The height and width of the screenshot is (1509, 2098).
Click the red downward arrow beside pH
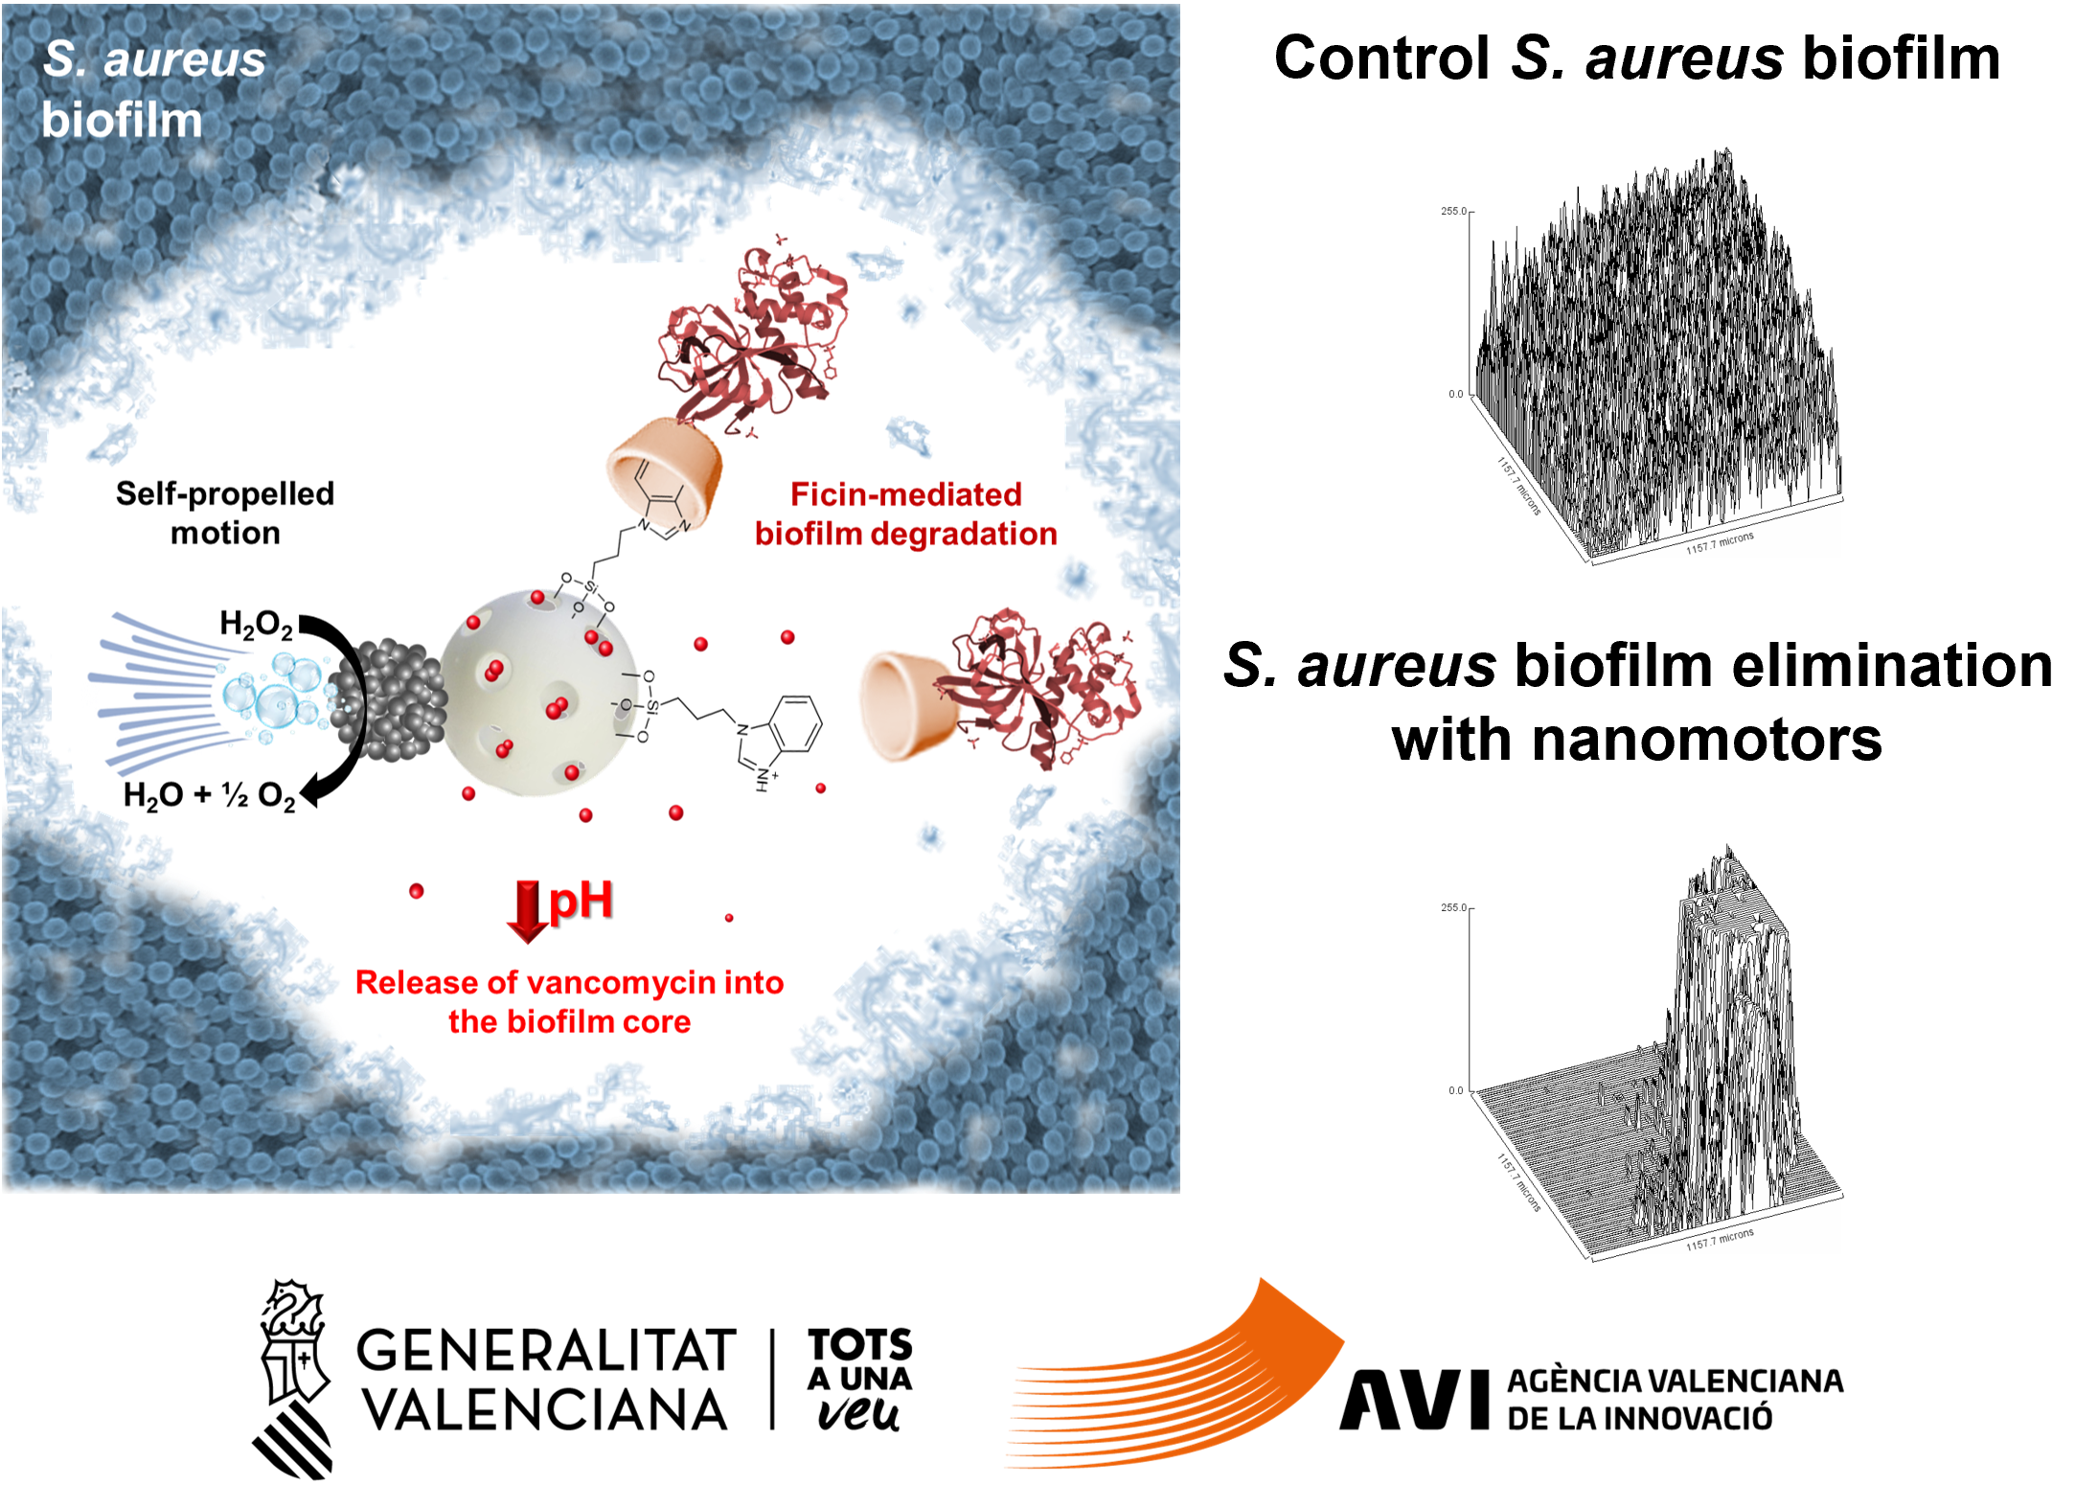[x=527, y=910]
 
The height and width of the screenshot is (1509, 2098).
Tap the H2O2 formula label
[x=256, y=625]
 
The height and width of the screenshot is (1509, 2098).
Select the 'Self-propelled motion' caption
[x=225, y=513]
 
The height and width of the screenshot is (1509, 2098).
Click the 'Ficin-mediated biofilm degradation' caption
[x=905, y=514]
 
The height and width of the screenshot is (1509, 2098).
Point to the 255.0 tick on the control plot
[x=1453, y=211]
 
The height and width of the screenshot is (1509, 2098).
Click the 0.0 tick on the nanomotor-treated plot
[x=1455, y=1090]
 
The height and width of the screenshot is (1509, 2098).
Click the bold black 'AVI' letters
[x=1414, y=1400]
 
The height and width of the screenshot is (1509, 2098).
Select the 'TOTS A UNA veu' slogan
[x=859, y=1379]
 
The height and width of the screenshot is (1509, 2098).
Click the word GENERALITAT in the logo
[x=546, y=1350]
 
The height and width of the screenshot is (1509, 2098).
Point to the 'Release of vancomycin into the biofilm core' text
[x=569, y=1001]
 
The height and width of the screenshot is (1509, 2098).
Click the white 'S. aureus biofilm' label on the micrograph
[x=153, y=89]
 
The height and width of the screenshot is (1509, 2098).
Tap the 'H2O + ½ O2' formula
[x=209, y=795]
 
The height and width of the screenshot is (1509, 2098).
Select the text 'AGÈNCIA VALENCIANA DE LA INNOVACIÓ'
[x=1675, y=1399]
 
